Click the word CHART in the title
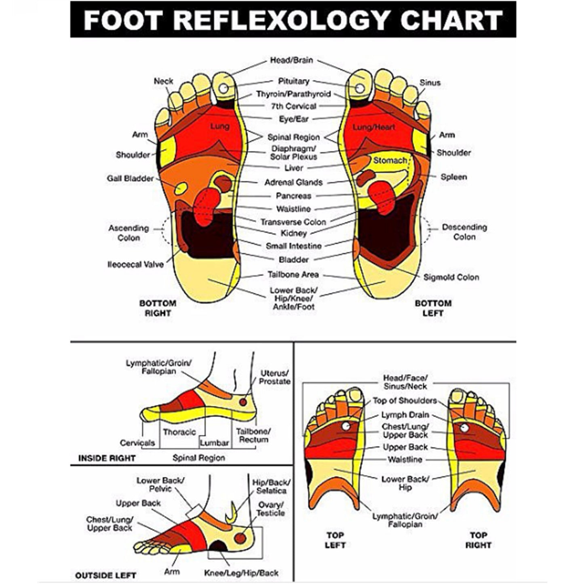(451, 20)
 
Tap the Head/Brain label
(291, 60)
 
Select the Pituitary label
(294, 81)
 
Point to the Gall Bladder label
(130, 178)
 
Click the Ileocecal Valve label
(135, 264)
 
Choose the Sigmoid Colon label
(451, 277)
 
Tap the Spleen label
(454, 177)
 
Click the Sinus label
(430, 83)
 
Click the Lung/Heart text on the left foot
(374, 127)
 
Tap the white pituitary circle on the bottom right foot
(223, 89)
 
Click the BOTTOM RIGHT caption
(158, 308)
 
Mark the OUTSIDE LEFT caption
(106, 567)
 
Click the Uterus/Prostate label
(274, 377)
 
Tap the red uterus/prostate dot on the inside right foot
(243, 402)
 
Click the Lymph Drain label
(405, 415)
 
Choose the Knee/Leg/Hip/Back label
(241, 565)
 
